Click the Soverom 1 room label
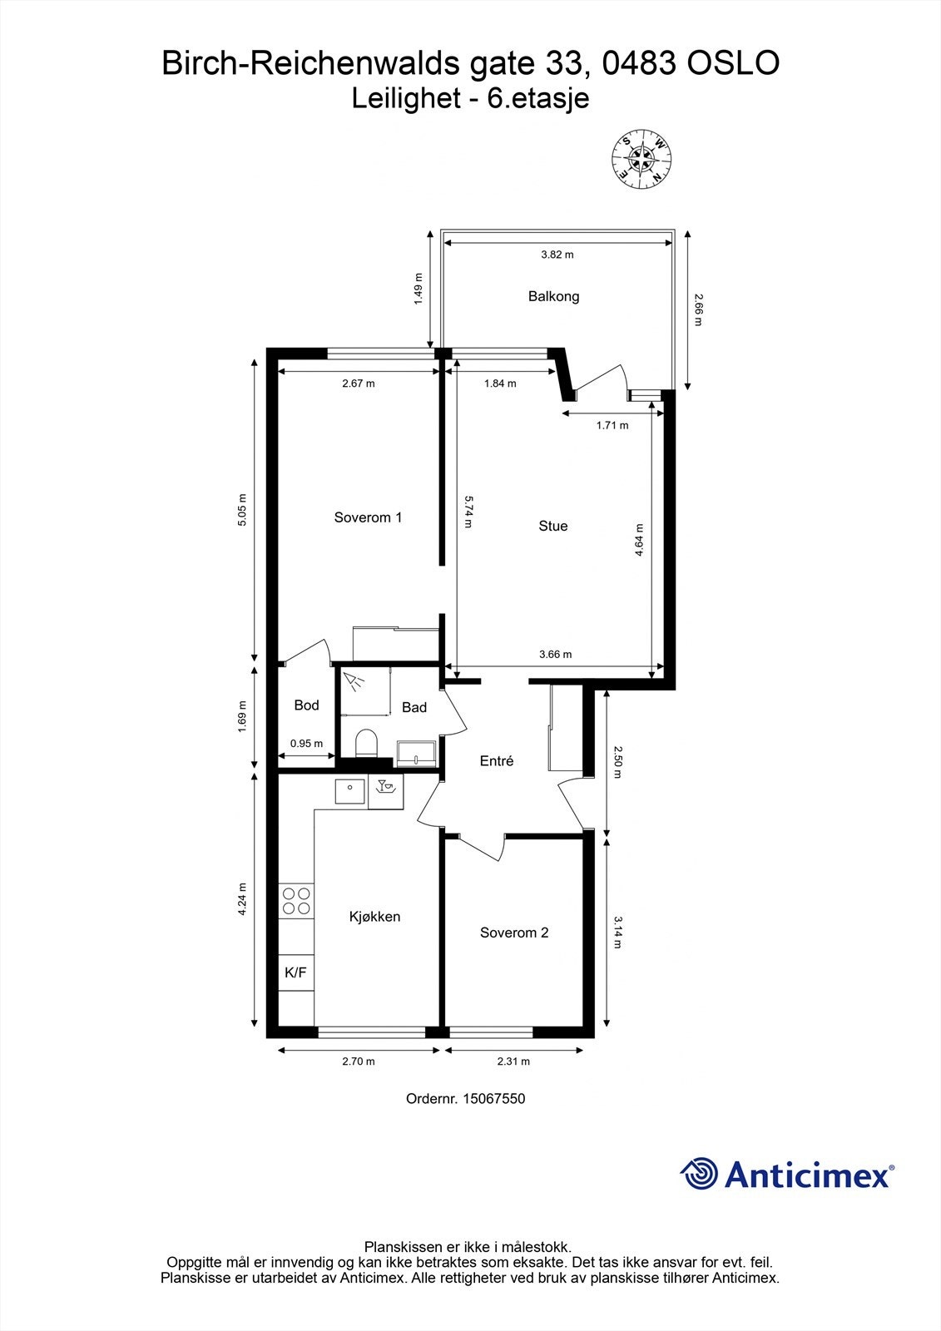(x=368, y=517)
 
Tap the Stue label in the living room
(x=552, y=526)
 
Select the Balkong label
(x=553, y=296)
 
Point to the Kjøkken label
(x=374, y=917)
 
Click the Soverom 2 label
(x=514, y=933)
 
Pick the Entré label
(x=497, y=761)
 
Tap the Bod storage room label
(x=306, y=705)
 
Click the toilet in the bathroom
(x=366, y=743)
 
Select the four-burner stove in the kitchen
(x=296, y=901)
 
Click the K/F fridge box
(x=296, y=972)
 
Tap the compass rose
(x=641, y=158)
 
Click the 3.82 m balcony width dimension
(x=557, y=255)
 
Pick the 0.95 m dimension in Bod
(x=306, y=744)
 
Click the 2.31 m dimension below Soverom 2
(x=513, y=1061)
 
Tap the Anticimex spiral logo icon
(x=699, y=1174)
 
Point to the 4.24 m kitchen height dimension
(x=242, y=899)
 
